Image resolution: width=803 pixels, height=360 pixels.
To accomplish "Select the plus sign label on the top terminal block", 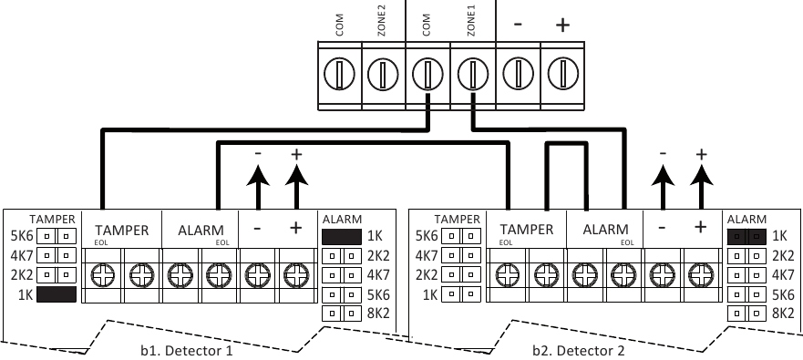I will click(562, 26).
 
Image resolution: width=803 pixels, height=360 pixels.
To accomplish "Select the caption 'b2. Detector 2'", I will click(579, 349).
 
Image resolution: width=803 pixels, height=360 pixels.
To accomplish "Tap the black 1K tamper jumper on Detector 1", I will click(57, 295).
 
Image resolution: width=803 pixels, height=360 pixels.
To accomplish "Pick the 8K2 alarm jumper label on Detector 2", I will click(785, 314).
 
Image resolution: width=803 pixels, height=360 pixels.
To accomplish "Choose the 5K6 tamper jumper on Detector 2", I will click(463, 235).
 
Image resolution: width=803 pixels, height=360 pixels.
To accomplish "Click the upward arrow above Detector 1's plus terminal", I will click(295, 188).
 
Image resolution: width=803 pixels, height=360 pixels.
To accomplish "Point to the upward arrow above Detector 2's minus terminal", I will click(663, 188).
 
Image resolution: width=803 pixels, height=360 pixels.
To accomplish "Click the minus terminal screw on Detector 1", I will click(258, 272).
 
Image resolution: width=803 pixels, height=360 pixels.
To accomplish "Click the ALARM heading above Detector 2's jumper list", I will click(746, 219).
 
